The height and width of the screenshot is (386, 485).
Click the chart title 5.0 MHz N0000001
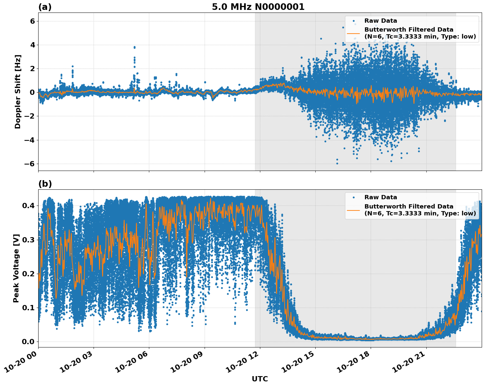point(258,7)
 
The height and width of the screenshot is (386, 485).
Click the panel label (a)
point(45,7)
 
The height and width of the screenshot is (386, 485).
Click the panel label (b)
point(45,184)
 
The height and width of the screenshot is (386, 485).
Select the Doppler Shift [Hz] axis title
point(18,92)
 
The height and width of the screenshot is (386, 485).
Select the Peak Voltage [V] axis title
point(16,268)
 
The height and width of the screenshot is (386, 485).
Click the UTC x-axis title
point(260,379)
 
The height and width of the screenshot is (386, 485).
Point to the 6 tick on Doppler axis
point(32,21)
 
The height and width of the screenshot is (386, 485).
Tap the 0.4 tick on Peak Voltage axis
point(28,206)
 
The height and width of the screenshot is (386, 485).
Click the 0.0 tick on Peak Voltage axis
point(28,342)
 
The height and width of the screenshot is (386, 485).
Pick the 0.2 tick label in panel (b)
point(28,274)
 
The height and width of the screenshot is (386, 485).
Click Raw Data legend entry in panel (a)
point(381,21)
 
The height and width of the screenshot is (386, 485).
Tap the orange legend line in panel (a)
point(353,33)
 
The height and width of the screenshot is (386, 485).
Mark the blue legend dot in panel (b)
point(354,197)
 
